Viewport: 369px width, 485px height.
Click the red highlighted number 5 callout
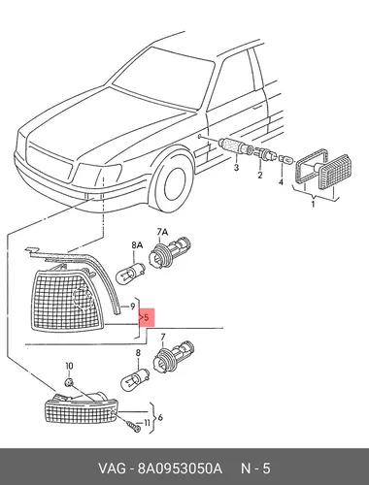click(147, 317)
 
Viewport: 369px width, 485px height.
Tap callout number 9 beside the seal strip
click(132, 306)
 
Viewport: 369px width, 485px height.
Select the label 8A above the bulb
click(137, 245)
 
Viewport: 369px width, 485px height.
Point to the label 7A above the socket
click(163, 232)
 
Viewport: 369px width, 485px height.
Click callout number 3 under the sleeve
click(236, 168)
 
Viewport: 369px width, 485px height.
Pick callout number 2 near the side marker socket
click(259, 175)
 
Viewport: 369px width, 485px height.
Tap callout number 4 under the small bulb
click(281, 182)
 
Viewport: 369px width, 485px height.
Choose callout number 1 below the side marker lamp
click(313, 204)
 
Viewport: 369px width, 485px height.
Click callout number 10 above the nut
click(69, 366)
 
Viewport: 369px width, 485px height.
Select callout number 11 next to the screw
click(147, 422)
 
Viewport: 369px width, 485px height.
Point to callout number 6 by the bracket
click(160, 417)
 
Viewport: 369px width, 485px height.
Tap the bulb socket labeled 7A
click(169, 252)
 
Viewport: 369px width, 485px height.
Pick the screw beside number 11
click(133, 426)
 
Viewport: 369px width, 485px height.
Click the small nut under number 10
click(69, 382)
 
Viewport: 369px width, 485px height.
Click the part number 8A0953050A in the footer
click(180, 468)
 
